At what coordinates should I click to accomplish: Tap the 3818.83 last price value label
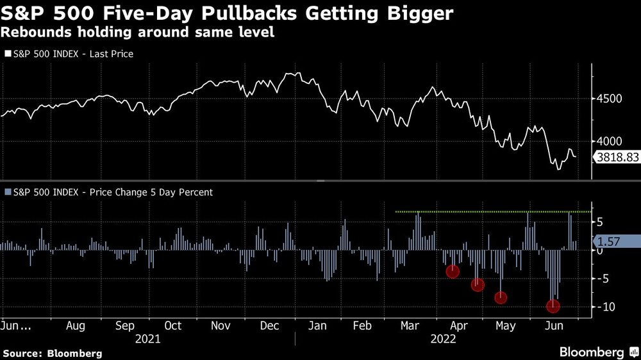617,156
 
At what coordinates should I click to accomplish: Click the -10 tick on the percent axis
608,307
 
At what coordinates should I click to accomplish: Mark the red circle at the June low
553,306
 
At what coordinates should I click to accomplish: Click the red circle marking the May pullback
501,297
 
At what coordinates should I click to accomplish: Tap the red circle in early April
453,271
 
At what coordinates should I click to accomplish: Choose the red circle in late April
478,285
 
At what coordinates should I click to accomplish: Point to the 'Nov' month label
221,325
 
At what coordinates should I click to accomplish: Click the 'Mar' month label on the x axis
410,325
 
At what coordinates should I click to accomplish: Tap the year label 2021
148,338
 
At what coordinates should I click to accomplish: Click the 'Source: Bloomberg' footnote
53,353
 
